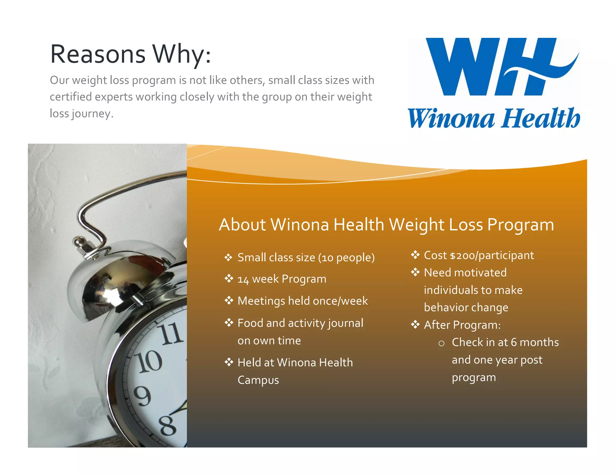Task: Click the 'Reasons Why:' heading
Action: pos(131,54)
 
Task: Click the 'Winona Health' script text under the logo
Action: pos(494,118)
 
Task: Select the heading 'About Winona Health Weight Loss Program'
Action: pos(386,225)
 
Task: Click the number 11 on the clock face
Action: pos(171,334)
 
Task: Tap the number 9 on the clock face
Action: pos(142,395)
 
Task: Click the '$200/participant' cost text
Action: pos(492,256)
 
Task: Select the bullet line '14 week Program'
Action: pos(282,279)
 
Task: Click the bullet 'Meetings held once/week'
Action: pos(302,301)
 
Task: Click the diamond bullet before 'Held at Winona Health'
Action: pos(229,362)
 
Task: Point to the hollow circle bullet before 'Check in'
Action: pos(441,343)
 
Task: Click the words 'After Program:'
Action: pos(462,325)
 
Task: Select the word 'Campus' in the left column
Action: pos(258,380)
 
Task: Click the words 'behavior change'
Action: pos(466,307)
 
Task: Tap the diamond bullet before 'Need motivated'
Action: pos(415,272)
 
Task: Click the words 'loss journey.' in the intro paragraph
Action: pos(82,113)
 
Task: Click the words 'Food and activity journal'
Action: pos(300,323)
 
